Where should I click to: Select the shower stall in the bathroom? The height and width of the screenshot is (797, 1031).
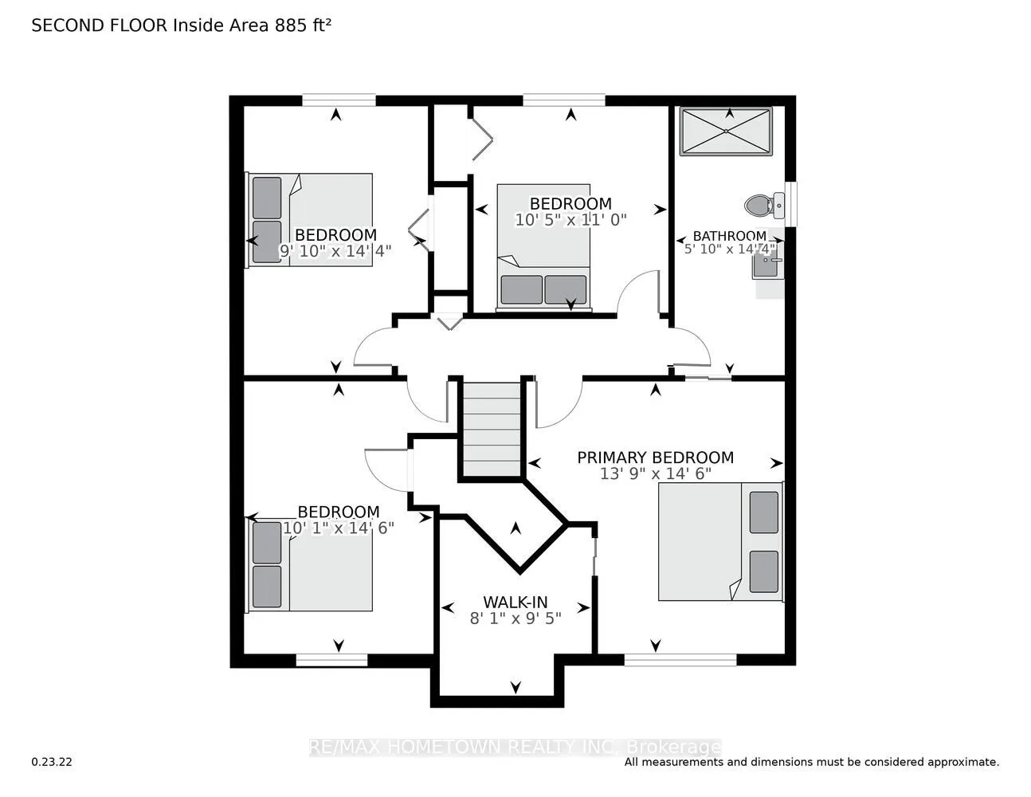tap(726, 131)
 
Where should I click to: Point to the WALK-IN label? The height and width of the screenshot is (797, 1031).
tap(515, 603)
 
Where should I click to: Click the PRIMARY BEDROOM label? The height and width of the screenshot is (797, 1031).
tap(655, 457)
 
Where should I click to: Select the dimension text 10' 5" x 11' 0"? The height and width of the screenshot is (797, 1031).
tap(570, 219)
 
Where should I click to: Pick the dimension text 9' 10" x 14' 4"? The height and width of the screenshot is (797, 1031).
tap(335, 250)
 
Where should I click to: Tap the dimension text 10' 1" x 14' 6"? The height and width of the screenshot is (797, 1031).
tap(338, 528)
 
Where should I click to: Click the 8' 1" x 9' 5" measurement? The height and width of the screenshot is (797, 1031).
tap(515, 618)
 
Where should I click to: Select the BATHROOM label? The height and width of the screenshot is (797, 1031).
tap(729, 236)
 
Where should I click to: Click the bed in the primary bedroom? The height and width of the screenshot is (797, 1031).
tap(720, 541)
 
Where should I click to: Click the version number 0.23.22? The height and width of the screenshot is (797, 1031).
tap(52, 762)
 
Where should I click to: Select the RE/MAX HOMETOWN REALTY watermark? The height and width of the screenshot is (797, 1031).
tap(515, 748)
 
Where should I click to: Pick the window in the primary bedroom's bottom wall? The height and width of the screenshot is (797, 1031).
tap(680, 659)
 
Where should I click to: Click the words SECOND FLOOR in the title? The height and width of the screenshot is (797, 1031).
tap(100, 26)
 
